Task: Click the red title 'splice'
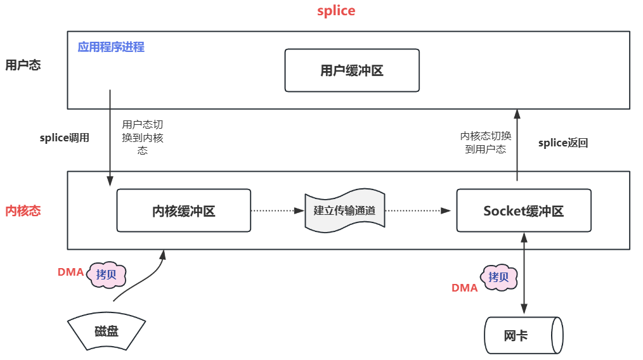(336, 11)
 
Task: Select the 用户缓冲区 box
(352, 70)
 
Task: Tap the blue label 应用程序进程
(111, 47)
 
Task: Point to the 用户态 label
(23, 65)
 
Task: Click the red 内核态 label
(23, 210)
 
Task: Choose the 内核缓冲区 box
(184, 210)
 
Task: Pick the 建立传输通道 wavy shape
(344, 210)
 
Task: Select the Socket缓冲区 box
(523, 210)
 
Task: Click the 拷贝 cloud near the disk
(107, 275)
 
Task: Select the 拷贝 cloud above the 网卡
(498, 277)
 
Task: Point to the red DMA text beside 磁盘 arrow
(70, 272)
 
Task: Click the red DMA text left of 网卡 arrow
(464, 288)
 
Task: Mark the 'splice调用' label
(65, 138)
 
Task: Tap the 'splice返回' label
(563, 143)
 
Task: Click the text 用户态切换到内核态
(143, 138)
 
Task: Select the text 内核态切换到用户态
(486, 143)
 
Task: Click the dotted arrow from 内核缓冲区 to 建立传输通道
(278, 210)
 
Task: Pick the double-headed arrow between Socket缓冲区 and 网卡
(524, 273)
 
